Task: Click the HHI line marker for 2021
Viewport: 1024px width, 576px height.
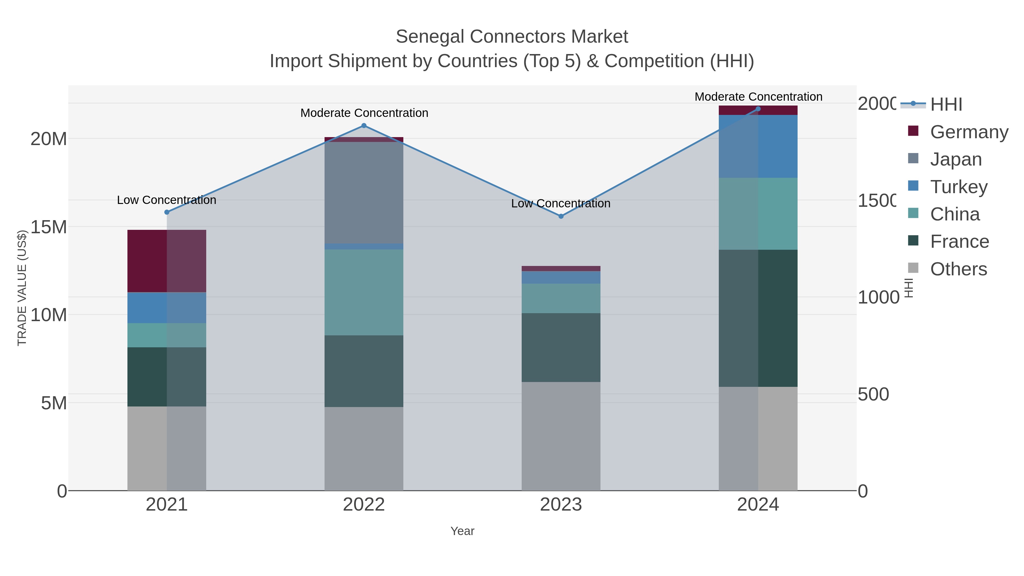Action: point(167,212)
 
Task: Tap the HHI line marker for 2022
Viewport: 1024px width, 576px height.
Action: point(364,126)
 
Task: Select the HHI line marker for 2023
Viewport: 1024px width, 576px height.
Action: point(561,216)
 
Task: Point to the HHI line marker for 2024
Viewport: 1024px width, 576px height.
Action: point(758,109)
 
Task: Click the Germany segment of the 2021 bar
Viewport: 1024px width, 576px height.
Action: point(167,261)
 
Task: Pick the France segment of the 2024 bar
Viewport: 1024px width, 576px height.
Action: point(758,318)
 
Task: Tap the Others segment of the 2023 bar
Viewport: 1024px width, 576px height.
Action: point(561,436)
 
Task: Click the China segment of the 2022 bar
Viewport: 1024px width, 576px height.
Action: point(364,293)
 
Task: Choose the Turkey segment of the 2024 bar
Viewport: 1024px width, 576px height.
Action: point(758,146)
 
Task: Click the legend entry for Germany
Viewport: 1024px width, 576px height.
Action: point(969,132)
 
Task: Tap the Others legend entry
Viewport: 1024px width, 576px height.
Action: point(958,269)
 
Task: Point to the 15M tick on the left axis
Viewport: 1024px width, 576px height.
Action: point(48,227)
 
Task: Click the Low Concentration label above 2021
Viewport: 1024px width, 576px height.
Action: point(167,200)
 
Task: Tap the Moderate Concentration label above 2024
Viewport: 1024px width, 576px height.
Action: point(758,97)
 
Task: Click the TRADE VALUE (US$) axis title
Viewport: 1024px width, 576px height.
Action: point(22,288)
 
